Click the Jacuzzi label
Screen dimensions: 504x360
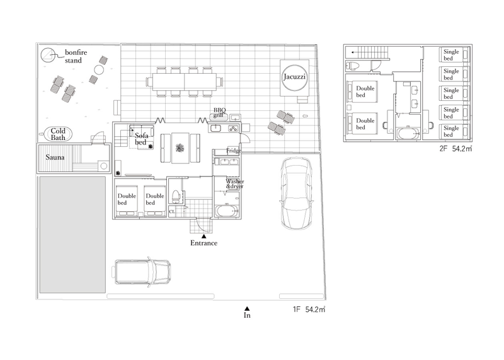click(x=294, y=77)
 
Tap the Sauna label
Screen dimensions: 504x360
click(x=55, y=158)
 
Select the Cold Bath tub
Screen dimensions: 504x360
click(x=58, y=134)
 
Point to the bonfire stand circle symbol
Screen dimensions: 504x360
click(x=48, y=55)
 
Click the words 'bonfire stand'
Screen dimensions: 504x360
click(x=76, y=56)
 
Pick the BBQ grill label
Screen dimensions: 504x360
click(x=219, y=112)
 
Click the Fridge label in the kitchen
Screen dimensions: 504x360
click(x=234, y=151)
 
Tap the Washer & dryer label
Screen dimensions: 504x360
click(x=234, y=183)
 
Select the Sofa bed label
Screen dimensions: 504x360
click(x=141, y=139)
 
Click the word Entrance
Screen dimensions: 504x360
click(x=203, y=243)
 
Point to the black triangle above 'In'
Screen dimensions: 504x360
click(x=247, y=308)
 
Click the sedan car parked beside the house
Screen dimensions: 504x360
click(x=297, y=193)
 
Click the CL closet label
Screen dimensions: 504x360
click(x=172, y=212)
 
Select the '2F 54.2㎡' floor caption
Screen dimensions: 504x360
click(x=455, y=149)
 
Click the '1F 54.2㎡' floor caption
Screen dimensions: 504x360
click(x=309, y=310)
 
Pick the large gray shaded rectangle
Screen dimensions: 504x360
click(x=72, y=235)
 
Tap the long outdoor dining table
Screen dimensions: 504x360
click(x=185, y=81)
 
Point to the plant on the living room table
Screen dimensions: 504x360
click(x=180, y=148)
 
